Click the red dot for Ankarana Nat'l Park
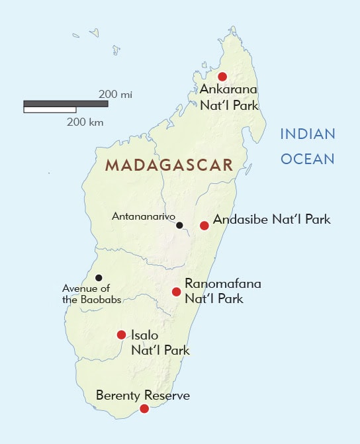pyautogui.click(x=222, y=76)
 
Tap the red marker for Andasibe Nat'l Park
pyautogui.click(x=204, y=226)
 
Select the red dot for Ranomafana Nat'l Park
pyautogui.click(x=176, y=292)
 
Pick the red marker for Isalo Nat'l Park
pyautogui.click(x=121, y=335)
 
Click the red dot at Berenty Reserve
pyautogui.click(x=144, y=410)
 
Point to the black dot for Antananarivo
pyautogui.click(x=179, y=226)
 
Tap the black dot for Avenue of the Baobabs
pyautogui.click(x=99, y=278)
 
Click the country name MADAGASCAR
pyautogui.click(x=169, y=165)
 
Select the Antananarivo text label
pyautogui.click(x=142, y=216)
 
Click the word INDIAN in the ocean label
pyautogui.click(x=308, y=134)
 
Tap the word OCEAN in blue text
pyautogui.click(x=308, y=159)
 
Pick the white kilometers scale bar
pyautogui.click(x=50, y=109)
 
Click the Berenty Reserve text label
pyautogui.click(x=143, y=396)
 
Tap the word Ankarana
pyautogui.click(x=228, y=90)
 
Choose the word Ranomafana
pyautogui.click(x=223, y=284)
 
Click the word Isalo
pyautogui.click(x=144, y=335)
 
